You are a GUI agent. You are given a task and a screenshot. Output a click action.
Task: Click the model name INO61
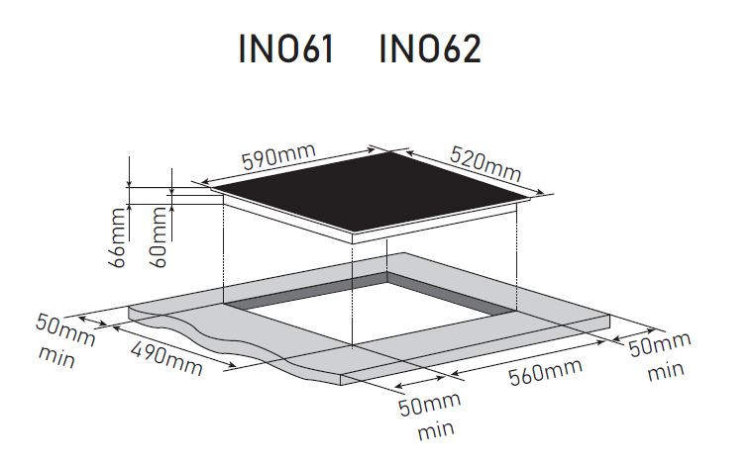coord(285,50)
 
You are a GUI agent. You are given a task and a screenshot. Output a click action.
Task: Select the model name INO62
coord(430,50)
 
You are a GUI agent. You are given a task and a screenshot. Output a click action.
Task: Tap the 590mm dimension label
coord(277,158)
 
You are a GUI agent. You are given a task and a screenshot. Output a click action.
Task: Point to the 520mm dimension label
coord(485,164)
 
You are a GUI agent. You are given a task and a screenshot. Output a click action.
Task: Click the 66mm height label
coord(119,236)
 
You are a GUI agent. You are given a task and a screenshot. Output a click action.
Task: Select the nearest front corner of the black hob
coord(354,236)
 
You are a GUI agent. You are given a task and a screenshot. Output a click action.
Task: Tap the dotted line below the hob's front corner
coord(354,297)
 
